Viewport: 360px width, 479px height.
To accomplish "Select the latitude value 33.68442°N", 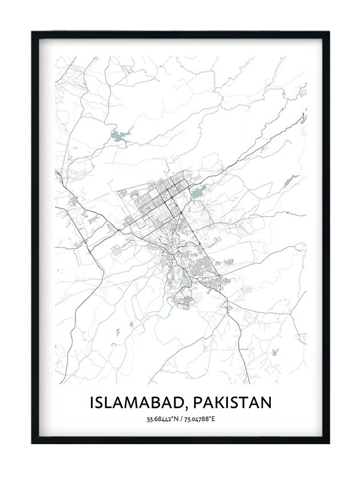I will click(x=162, y=420).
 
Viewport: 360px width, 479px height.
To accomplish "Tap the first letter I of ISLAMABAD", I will click(x=91, y=402).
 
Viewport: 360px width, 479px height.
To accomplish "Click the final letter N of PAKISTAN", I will click(x=266, y=402).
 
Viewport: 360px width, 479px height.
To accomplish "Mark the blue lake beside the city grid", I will click(x=198, y=193).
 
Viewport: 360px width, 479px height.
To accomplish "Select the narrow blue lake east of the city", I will click(x=291, y=181).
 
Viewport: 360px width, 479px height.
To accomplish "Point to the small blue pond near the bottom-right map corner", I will click(x=275, y=352).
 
